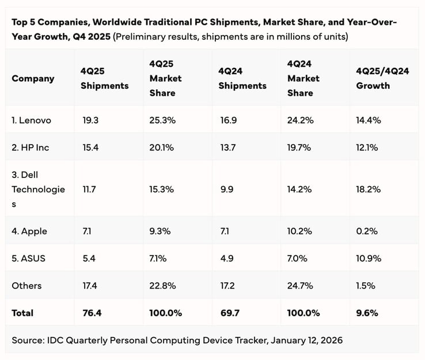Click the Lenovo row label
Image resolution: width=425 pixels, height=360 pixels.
32,120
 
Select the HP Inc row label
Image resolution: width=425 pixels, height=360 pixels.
31,147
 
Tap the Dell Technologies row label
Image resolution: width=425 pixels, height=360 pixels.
38,189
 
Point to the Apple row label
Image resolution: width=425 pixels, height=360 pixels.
29,231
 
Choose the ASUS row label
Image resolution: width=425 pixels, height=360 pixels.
29,259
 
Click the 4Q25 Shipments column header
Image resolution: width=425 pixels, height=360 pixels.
104,78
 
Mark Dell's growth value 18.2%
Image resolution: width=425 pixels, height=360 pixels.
369,189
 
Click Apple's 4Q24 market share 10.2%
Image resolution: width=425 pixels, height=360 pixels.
299,231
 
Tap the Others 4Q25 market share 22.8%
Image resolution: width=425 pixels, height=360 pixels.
161,286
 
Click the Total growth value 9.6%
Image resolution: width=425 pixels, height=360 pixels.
367,313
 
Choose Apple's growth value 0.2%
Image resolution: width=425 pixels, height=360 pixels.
367,231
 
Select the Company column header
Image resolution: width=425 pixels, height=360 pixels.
33,78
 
